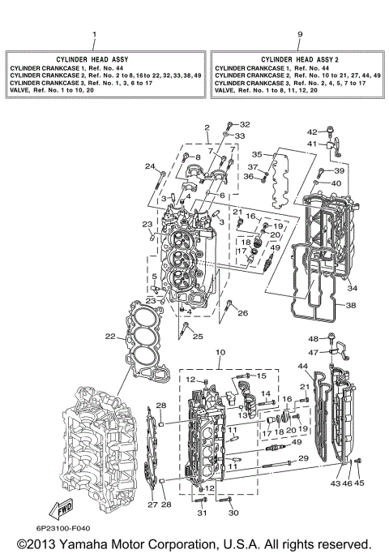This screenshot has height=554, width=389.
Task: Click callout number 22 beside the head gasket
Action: [109, 336]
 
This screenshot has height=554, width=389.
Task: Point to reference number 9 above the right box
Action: [299, 34]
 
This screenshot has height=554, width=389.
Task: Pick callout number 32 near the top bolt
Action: [245, 124]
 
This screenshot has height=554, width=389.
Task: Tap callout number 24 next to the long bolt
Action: [149, 166]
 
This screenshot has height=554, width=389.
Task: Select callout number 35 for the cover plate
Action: [256, 153]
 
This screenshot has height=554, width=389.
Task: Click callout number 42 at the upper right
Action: [312, 131]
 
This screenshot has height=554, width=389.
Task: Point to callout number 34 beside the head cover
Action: [352, 287]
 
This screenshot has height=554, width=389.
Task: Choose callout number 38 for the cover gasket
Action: [351, 306]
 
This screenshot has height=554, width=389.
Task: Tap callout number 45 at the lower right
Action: [360, 483]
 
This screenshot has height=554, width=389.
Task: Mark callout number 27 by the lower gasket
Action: [152, 505]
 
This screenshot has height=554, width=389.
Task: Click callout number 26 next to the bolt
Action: [243, 312]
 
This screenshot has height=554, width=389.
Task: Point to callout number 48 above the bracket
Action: [312, 338]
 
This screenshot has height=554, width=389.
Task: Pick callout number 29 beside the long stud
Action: [303, 459]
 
